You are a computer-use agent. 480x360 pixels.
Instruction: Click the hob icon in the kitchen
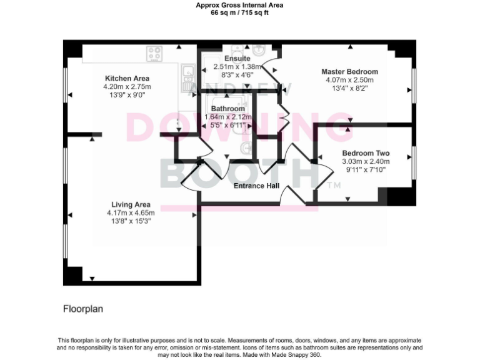coord(154,54)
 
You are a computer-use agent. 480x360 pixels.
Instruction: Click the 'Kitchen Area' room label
coord(127,78)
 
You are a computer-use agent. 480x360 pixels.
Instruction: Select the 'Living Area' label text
coord(131,205)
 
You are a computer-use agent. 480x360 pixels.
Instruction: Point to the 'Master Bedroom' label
coord(349,72)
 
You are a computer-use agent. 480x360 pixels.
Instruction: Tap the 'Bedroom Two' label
coord(366,153)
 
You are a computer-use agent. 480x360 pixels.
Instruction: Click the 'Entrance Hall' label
coord(256,186)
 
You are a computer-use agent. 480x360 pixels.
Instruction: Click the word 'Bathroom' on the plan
coord(227,108)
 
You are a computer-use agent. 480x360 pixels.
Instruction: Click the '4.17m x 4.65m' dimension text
coord(131,213)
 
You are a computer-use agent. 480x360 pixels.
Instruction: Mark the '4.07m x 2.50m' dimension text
coord(349,80)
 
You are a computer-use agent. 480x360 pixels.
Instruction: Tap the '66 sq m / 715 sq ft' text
coord(239,12)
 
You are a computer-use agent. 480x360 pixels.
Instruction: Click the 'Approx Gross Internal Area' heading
coord(239,5)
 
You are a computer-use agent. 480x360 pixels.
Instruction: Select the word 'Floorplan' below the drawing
coord(82,309)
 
